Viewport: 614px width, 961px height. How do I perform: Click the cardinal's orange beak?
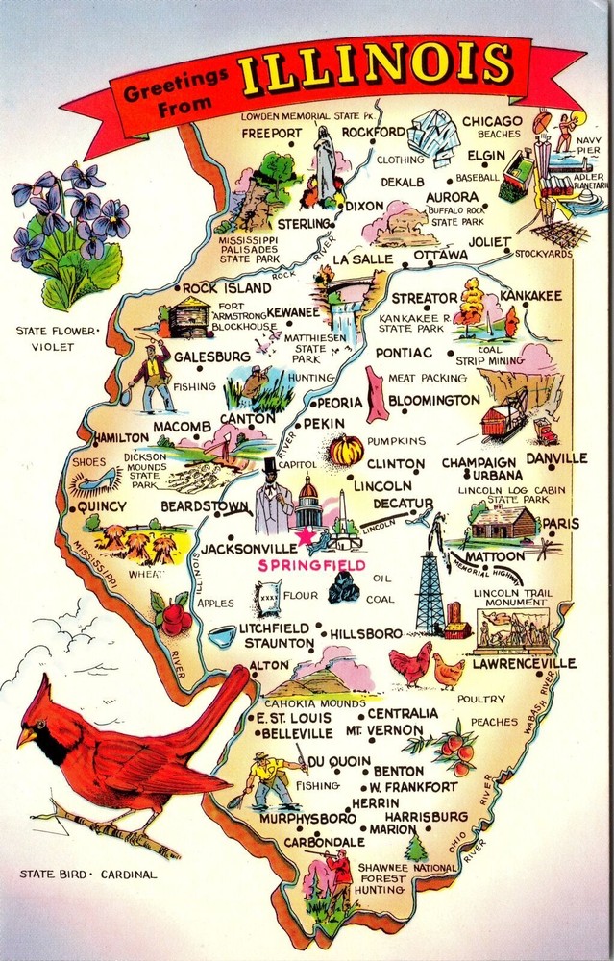point(27,736)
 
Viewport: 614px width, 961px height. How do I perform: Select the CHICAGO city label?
point(493,121)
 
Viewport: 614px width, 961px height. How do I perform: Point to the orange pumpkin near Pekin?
point(345,450)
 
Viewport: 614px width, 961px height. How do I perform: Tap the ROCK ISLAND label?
point(227,288)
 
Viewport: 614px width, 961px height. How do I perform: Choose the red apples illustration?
point(175,615)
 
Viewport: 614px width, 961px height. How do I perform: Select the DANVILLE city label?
point(555,458)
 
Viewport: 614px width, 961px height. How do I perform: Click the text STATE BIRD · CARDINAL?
point(87,875)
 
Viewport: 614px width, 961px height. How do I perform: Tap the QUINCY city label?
point(101,506)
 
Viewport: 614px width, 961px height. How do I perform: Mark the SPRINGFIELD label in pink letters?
point(310,566)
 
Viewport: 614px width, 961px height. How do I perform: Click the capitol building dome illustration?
point(309,500)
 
